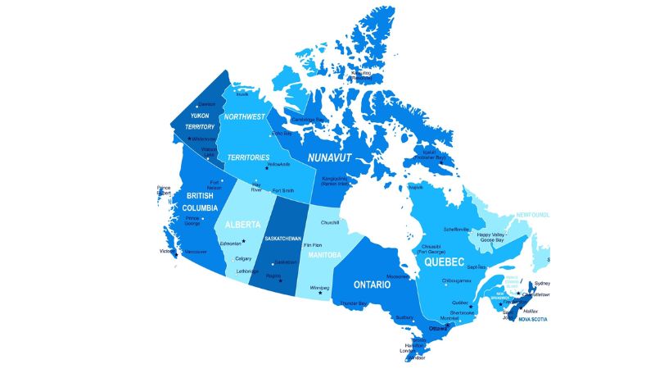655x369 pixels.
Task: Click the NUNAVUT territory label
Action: pyautogui.click(x=330, y=156)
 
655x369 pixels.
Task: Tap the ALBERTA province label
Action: pyautogui.click(x=242, y=224)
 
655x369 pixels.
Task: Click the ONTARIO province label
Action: pyautogui.click(x=377, y=284)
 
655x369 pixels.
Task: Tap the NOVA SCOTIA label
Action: pyautogui.click(x=535, y=320)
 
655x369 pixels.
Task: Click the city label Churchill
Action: pyautogui.click(x=330, y=223)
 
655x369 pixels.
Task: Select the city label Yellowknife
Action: pyautogui.click(x=278, y=164)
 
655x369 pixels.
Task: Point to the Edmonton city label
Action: pyautogui.click(x=230, y=244)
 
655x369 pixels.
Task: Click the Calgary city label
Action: pyautogui.click(x=243, y=258)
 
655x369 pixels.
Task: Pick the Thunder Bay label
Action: pyautogui.click(x=353, y=303)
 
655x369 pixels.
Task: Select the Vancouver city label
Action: pyautogui.click(x=196, y=251)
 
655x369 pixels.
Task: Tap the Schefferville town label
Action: pyautogui.click(x=456, y=229)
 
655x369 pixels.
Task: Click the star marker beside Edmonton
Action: pyautogui.click(x=244, y=241)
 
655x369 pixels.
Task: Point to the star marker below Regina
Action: pyautogui.click(x=280, y=281)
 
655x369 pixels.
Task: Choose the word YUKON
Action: pyautogui.click(x=200, y=116)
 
